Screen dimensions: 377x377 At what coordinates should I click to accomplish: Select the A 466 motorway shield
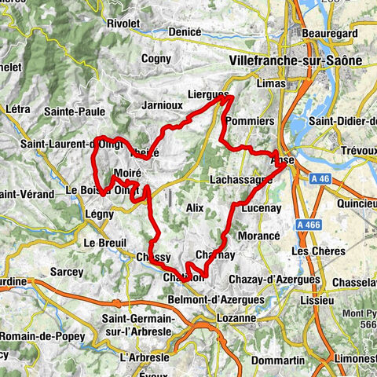click(312, 225)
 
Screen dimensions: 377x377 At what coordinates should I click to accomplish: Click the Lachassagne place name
click(241, 179)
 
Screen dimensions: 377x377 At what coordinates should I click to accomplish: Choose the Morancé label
click(259, 236)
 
